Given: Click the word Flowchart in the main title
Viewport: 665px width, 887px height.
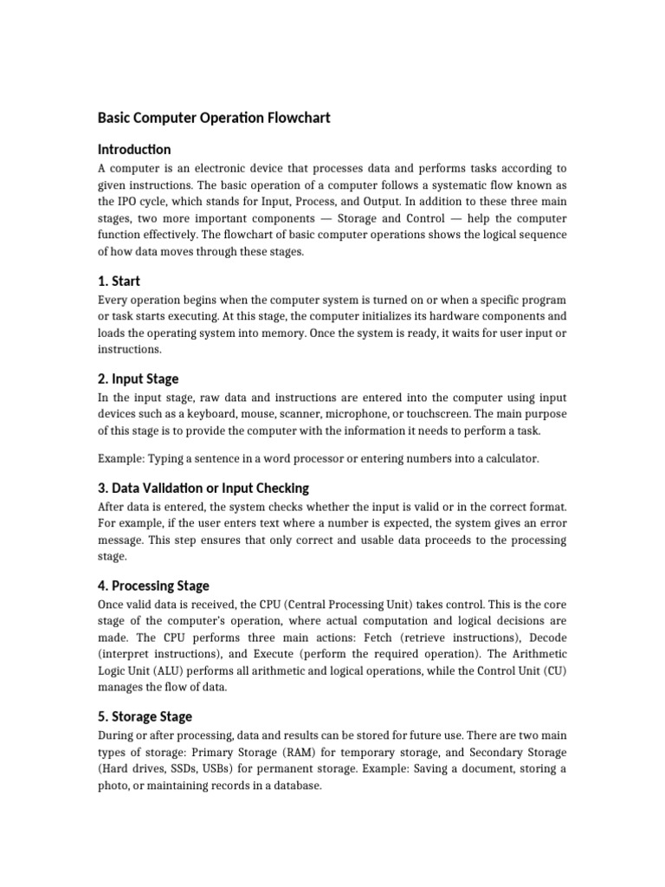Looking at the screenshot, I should click(291, 117).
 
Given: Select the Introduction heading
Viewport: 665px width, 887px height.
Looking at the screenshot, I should click(134, 149).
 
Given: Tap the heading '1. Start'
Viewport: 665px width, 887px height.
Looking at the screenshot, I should click(119, 281).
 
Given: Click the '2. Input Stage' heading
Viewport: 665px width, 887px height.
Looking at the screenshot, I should click(139, 379).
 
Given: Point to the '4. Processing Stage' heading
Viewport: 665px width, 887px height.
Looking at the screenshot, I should click(154, 586).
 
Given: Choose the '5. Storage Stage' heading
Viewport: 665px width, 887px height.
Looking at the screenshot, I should click(145, 716).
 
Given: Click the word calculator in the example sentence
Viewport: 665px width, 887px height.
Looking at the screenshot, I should click(507, 458).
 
